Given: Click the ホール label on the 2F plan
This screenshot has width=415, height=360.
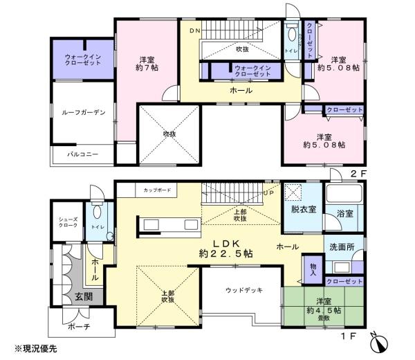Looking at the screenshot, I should point(241,91).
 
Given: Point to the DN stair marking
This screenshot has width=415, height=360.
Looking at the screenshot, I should point(194,32).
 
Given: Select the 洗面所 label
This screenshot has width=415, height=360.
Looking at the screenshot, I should point(341,247).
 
